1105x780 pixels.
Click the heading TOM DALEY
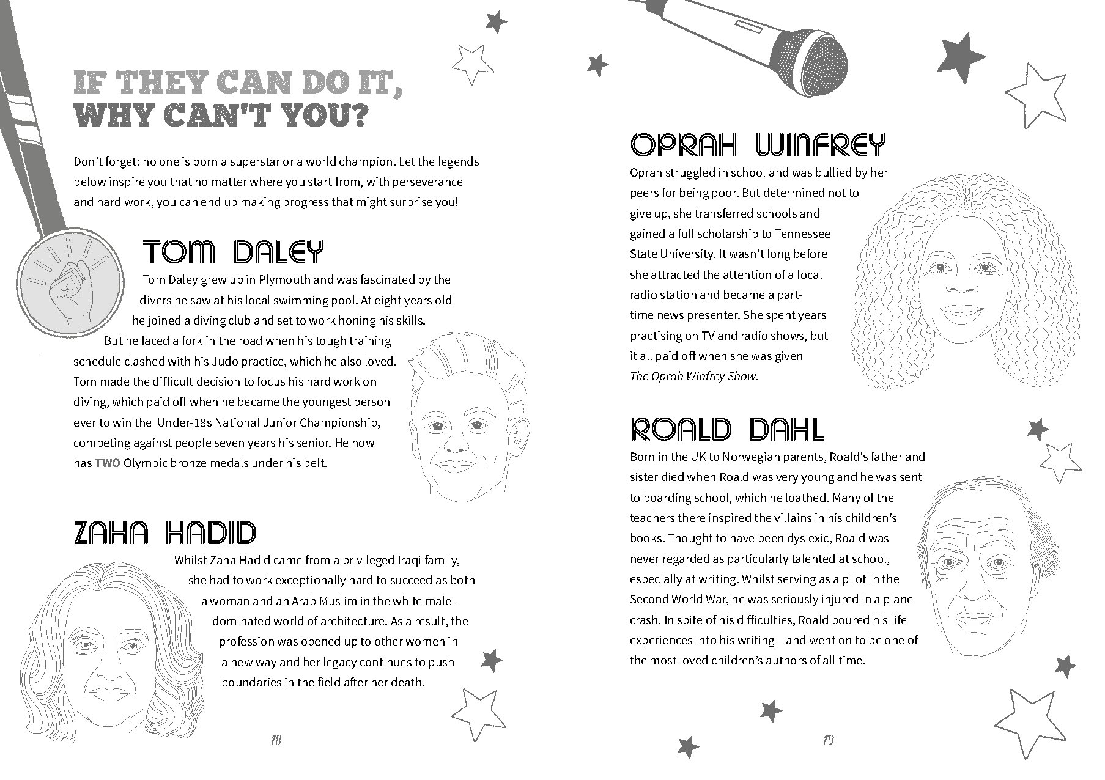coord(232,252)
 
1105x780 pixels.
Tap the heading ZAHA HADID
coord(164,532)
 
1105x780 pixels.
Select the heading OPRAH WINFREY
coord(757,145)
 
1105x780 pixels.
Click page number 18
coord(275,741)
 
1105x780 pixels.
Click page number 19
coord(828,741)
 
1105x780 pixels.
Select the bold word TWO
coord(107,463)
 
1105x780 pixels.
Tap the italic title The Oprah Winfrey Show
coord(693,377)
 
